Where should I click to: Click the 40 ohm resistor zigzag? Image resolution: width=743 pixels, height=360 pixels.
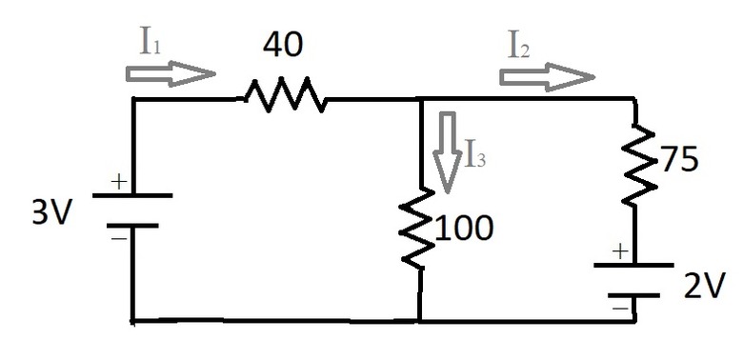[x=285, y=95]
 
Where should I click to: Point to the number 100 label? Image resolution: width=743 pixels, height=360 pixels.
[x=464, y=228]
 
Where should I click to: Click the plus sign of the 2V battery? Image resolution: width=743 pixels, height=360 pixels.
[x=620, y=251]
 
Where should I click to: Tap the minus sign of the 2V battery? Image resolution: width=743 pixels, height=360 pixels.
[x=620, y=309]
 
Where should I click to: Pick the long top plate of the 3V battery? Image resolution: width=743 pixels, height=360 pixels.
[x=133, y=195]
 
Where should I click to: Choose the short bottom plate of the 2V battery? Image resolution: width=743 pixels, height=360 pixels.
[x=635, y=295]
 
